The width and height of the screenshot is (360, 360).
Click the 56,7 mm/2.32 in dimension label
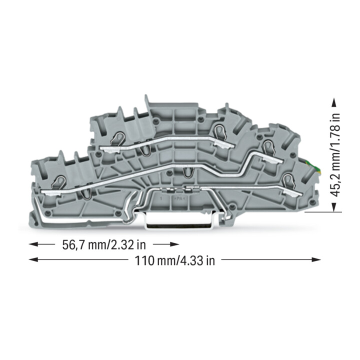coord(104,244)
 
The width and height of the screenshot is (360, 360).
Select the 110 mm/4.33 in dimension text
coord(174,260)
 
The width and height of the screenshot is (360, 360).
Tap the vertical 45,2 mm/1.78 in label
coord(335,154)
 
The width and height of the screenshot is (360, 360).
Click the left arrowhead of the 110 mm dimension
coord(33,259)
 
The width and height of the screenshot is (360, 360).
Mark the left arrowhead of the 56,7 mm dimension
coord(33,244)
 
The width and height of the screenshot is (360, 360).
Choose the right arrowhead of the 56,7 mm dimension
coord(174,244)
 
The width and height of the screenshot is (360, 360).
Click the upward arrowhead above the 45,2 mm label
coord(334,103)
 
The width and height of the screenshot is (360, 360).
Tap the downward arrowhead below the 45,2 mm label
coord(334,207)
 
